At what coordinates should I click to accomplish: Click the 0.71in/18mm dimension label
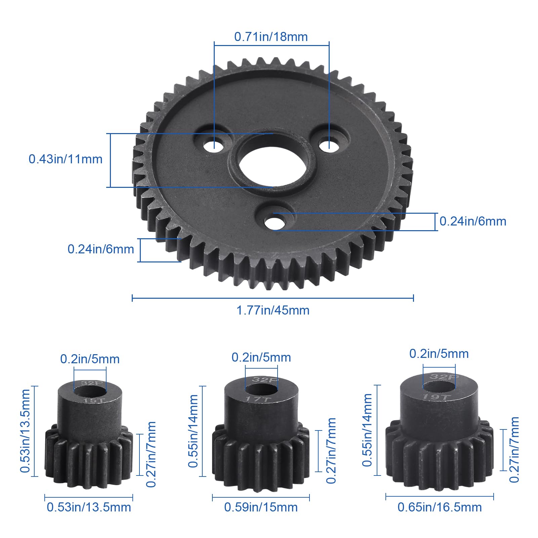[x=271, y=37]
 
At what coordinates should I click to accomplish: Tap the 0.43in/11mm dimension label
[x=66, y=159]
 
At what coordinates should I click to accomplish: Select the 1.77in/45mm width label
[x=273, y=310]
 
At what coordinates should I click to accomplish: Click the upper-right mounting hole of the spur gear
[x=329, y=144]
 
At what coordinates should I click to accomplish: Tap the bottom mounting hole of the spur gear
[x=274, y=222]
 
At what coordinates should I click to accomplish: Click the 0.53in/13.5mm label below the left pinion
[x=89, y=507]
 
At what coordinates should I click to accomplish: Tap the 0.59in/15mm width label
[x=261, y=507]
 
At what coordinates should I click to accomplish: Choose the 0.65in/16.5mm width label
[x=440, y=507]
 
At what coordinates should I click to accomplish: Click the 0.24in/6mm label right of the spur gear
[x=473, y=221]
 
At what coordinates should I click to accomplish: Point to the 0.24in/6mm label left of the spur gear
[x=101, y=249]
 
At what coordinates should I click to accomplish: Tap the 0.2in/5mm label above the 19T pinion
[x=439, y=354]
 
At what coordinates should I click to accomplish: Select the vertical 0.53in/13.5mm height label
[x=25, y=431]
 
